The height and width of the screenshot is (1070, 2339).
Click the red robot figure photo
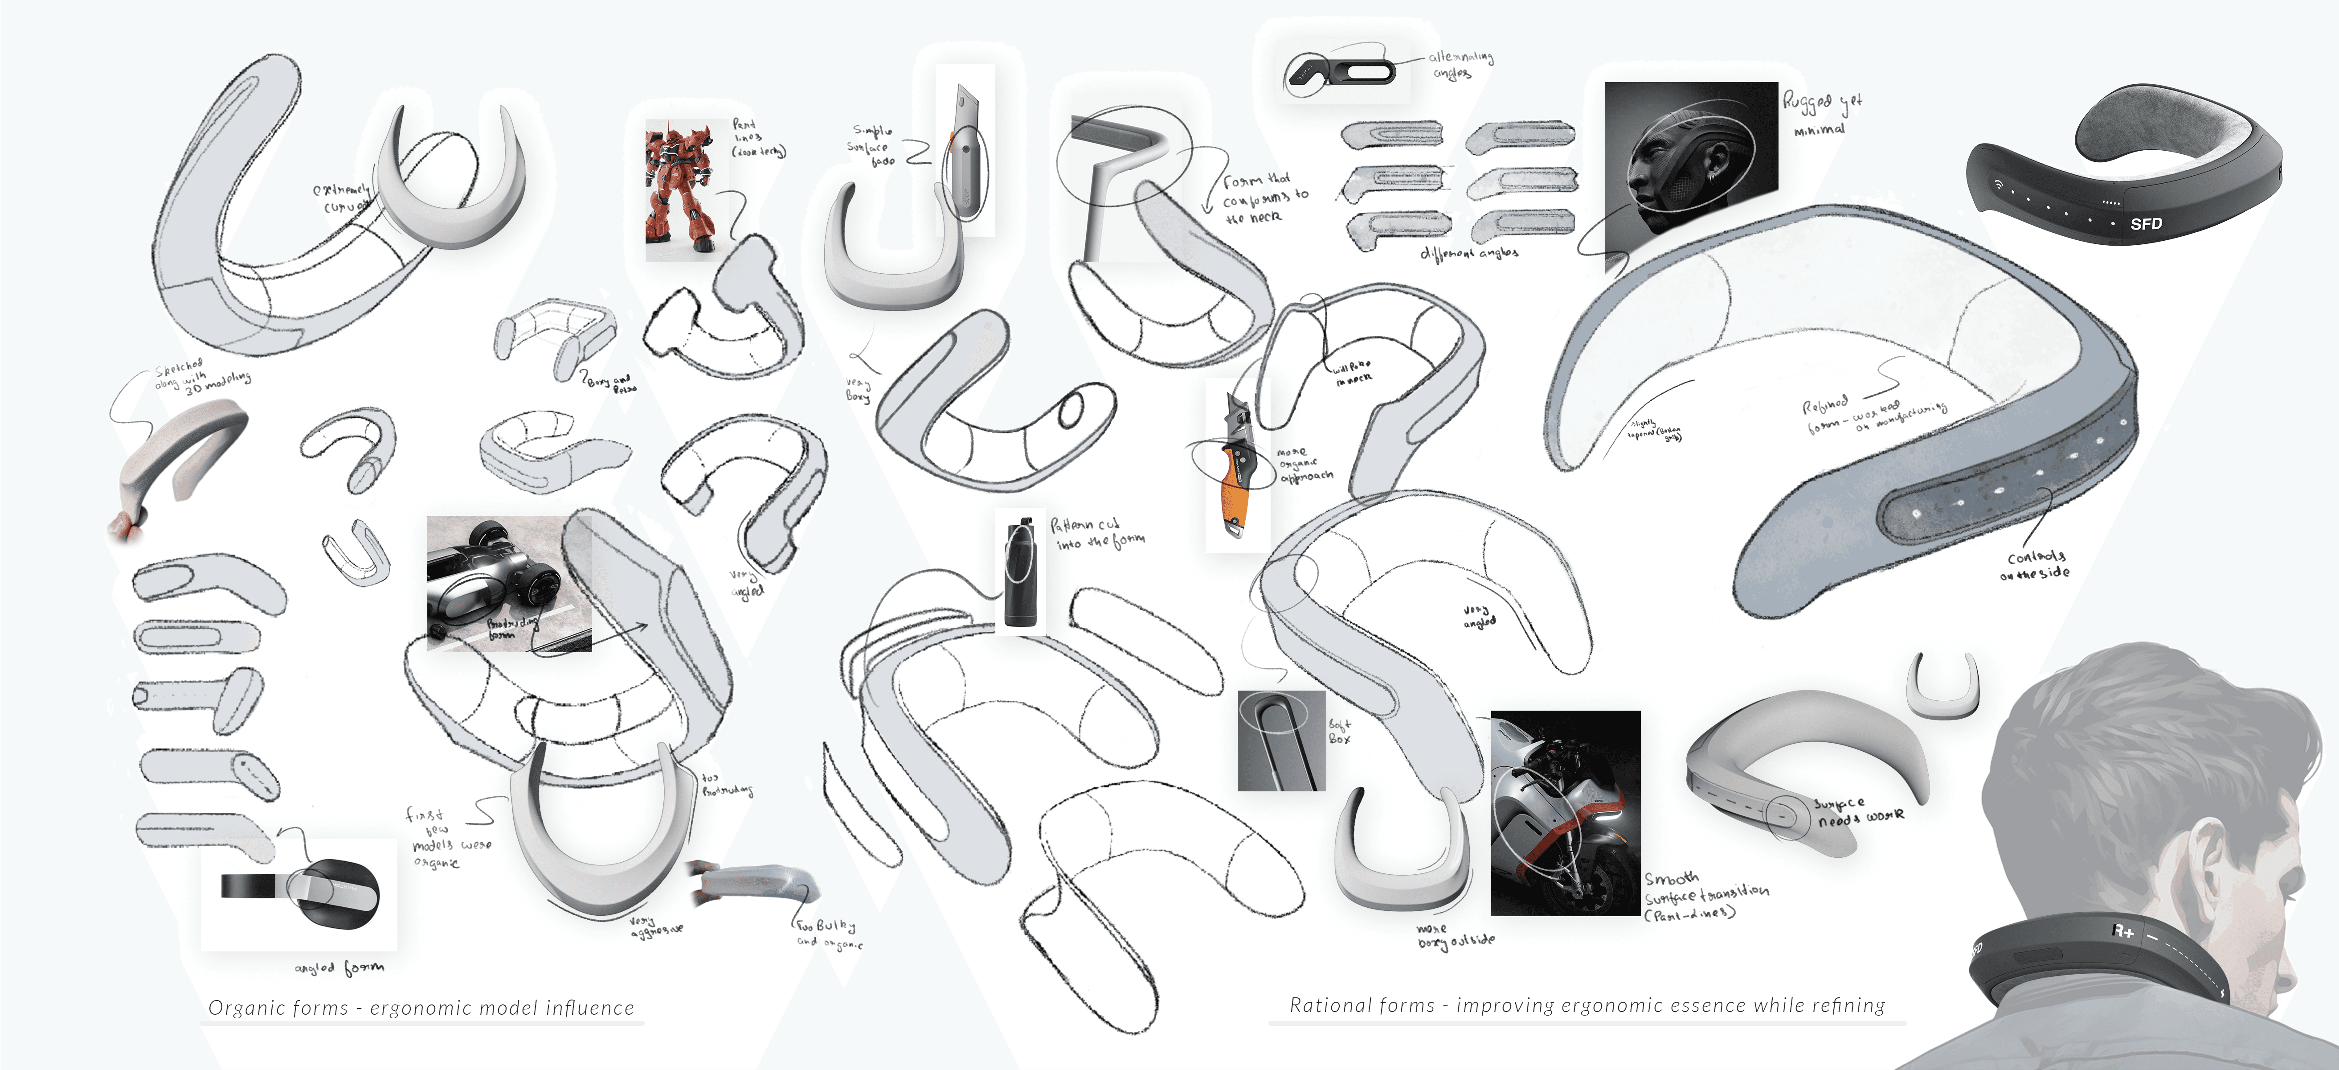pyautogui.click(x=681, y=189)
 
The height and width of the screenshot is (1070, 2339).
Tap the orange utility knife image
pyautogui.click(x=1237, y=465)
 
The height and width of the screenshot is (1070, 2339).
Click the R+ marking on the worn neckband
pyautogui.click(x=2123, y=931)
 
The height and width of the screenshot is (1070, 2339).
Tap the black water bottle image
pyautogui.click(x=1021, y=572)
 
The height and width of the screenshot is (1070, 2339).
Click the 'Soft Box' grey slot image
pyautogui.click(x=1280, y=740)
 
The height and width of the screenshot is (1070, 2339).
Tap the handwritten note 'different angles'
pyautogui.click(x=1468, y=252)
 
